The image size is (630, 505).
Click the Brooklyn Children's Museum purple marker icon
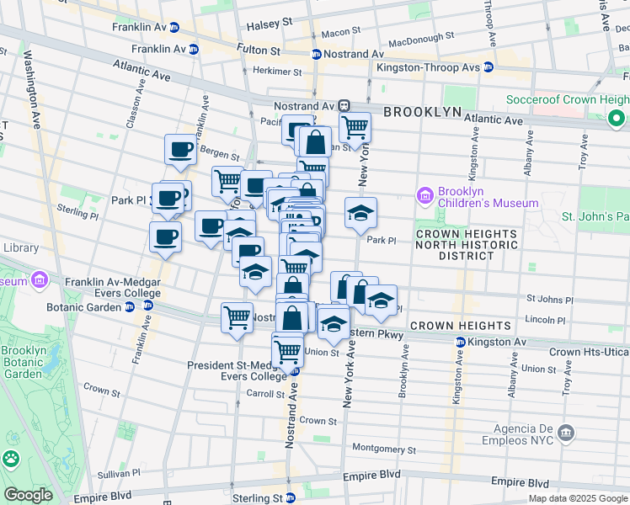click(x=425, y=196)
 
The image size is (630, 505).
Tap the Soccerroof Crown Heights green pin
click(x=617, y=119)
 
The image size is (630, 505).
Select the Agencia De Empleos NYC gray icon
click(x=566, y=433)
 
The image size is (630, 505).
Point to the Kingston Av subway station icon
click(x=460, y=343)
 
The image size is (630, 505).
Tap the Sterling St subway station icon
click(x=291, y=498)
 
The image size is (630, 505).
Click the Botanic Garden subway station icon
click(x=129, y=307)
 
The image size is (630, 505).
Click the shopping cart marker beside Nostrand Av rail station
click(x=355, y=128)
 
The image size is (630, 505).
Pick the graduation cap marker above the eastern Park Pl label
click(x=360, y=213)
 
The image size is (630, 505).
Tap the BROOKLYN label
click(x=422, y=112)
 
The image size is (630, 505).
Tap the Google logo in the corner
click(x=28, y=495)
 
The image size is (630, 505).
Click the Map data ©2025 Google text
click(x=577, y=498)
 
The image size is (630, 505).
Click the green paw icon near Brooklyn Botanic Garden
click(x=11, y=459)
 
